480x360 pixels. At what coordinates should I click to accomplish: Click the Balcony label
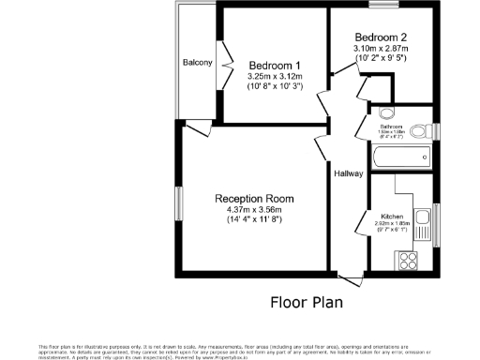tap(198, 63)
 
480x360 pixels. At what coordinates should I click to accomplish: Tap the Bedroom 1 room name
tap(270, 64)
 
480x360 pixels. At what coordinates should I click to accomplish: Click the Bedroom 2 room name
tap(381, 36)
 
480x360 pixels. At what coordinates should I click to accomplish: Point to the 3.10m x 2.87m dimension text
tap(381, 47)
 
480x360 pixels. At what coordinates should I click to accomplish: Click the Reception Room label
tap(254, 199)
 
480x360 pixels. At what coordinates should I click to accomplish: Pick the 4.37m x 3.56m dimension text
tap(254, 210)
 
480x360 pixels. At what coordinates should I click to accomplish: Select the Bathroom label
tap(391, 126)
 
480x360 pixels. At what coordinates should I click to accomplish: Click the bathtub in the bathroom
tap(401, 155)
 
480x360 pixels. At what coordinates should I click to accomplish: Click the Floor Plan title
tap(307, 302)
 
